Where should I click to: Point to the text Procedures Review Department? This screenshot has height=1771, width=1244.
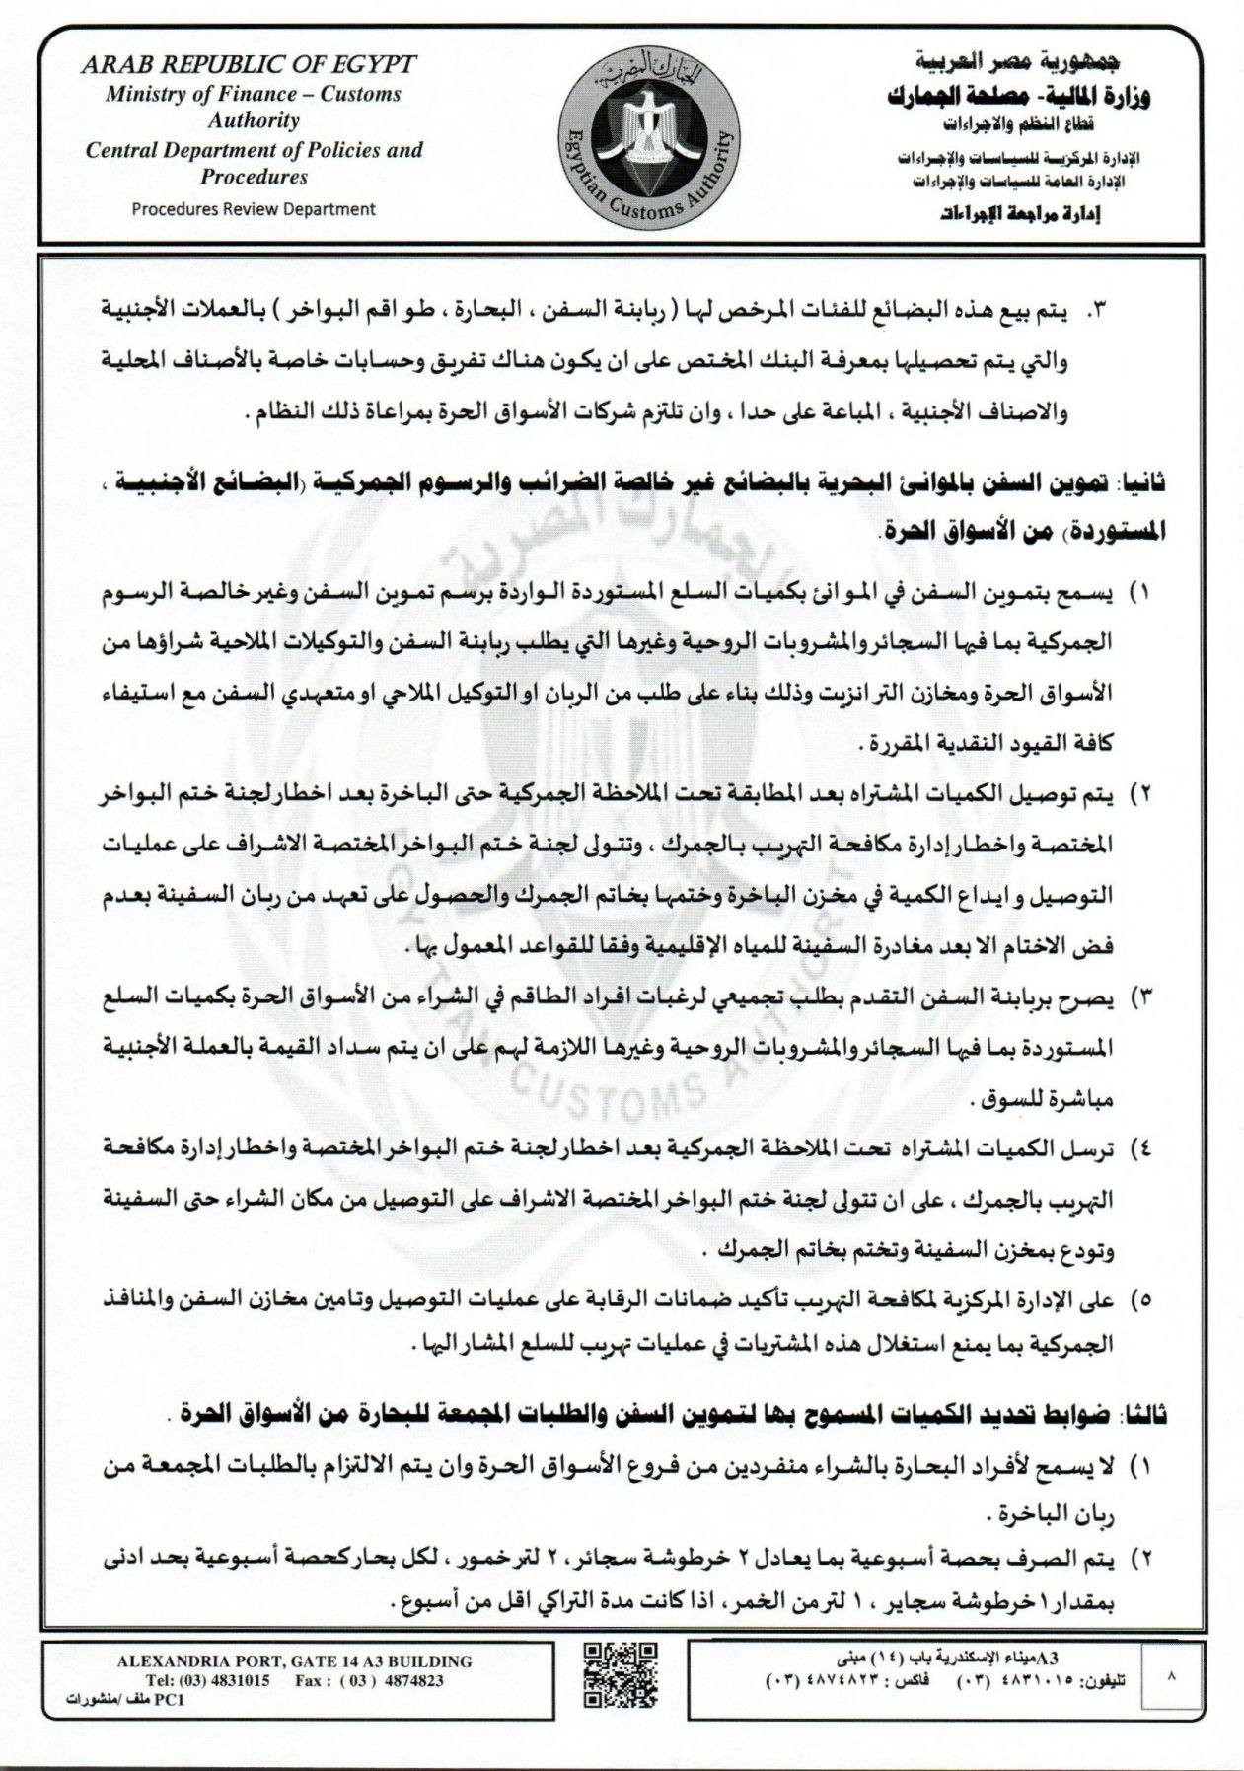(x=254, y=208)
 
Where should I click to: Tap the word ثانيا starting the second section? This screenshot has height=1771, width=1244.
(x=1146, y=483)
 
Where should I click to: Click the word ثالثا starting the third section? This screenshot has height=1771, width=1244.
(x=1146, y=1415)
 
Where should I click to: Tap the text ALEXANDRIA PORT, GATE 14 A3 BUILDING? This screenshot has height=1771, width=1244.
(x=294, y=1661)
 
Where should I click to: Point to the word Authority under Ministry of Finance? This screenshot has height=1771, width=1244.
(x=253, y=121)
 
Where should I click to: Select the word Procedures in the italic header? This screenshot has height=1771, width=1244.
(x=254, y=178)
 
